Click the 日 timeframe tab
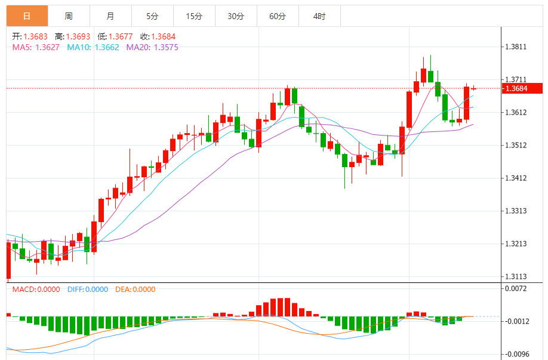click(x=27, y=16)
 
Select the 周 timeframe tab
click(x=69, y=16)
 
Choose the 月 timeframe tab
click(x=110, y=16)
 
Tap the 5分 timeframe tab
click(x=152, y=16)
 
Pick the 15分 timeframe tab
click(x=194, y=16)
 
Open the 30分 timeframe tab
click(x=236, y=16)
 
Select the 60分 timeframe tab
click(x=278, y=16)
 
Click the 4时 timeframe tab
click(x=319, y=16)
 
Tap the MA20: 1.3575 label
click(x=152, y=47)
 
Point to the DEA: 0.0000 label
click(x=135, y=290)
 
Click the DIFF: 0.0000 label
click(x=87, y=290)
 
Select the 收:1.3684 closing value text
click(x=153, y=36)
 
